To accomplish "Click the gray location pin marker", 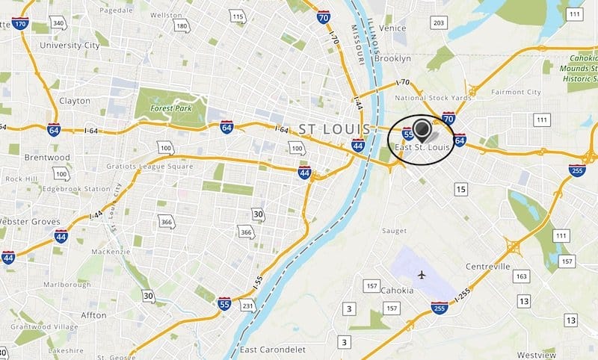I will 423,130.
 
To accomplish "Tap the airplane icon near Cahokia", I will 423,275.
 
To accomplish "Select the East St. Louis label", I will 423,147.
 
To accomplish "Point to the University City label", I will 70,46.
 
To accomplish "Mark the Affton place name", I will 93,315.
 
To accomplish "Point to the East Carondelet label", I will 269,350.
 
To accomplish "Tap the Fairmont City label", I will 515,92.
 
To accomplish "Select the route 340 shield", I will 58,24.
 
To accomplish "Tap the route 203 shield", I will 439,23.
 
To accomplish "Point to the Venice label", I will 392,28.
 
